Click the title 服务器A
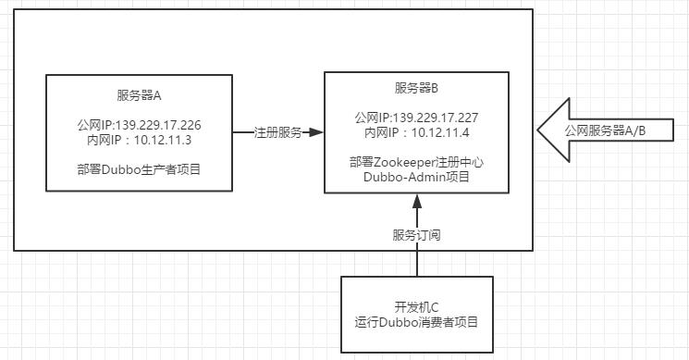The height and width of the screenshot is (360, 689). (x=140, y=95)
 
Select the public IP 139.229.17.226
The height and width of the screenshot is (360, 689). (x=140, y=125)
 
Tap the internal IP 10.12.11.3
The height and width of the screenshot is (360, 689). (x=140, y=140)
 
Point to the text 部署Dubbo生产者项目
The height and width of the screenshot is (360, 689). (x=140, y=169)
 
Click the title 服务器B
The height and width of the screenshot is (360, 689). (x=416, y=88)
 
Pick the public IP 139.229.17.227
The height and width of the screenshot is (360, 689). (x=416, y=118)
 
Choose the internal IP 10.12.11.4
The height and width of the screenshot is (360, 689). (x=416, y=132)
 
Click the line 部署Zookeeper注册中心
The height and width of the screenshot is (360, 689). (x=416, y=162)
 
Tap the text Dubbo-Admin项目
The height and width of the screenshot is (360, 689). (x=416, y=177)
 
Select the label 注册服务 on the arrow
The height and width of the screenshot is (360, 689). (x=277, y=132)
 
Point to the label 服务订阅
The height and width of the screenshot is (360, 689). (x=416, y=235)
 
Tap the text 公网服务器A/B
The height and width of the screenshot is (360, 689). (x=606, y=131)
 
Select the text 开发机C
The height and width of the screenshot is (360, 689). (x=416, y=307)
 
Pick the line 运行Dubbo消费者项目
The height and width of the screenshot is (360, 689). (x=416, y=322)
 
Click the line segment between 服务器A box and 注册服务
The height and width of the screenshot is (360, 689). (x=242, y=132)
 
